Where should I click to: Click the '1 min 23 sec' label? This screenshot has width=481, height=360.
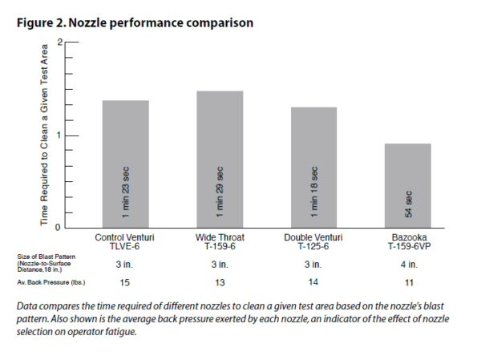point(126,192)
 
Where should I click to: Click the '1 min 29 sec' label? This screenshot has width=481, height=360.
point(220,192)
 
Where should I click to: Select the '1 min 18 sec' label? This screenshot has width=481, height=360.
point(314,192)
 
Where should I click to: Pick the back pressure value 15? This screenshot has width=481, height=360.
point(125,283)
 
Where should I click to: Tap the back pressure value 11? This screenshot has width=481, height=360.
point(408,283)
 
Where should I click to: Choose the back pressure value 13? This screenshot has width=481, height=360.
point(220,283)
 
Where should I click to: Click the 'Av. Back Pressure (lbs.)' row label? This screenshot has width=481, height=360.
point(51,283)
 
